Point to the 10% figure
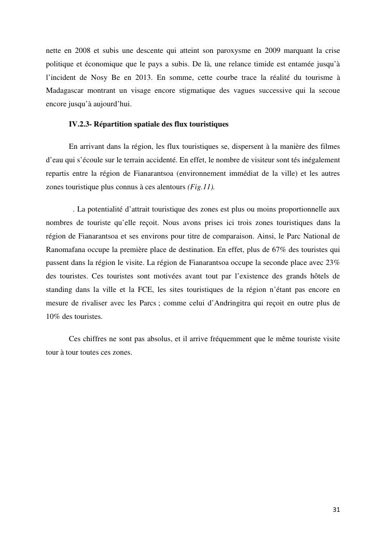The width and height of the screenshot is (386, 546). click(x=53, y=316)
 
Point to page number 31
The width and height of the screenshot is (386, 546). click(x=336, y=510)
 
